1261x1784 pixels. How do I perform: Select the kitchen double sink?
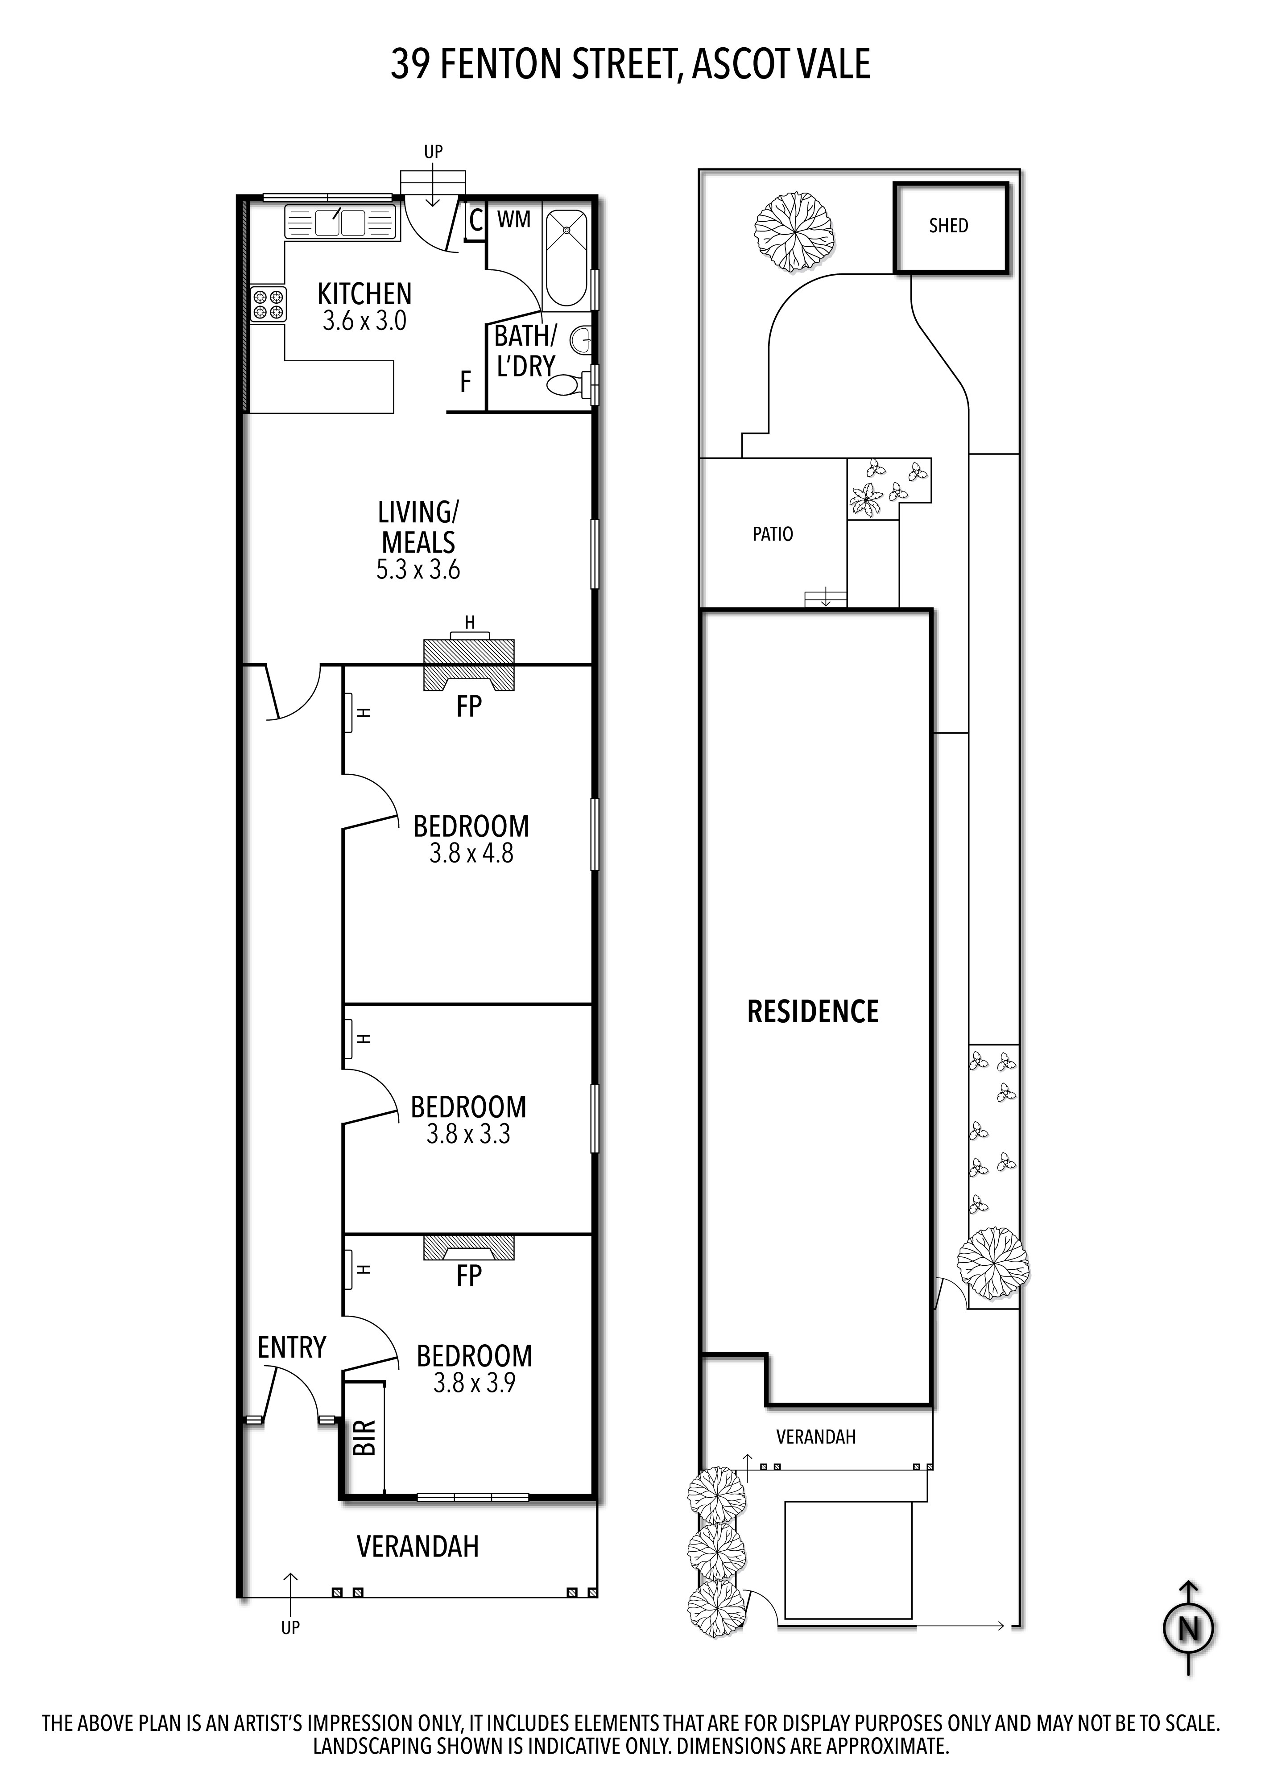(339, 223)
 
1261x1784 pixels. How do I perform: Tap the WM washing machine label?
(513, 220)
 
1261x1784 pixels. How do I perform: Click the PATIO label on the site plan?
(772, 535)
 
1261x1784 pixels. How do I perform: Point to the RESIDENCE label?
(813, 1012)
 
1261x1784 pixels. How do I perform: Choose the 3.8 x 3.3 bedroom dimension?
(468, 1135)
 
